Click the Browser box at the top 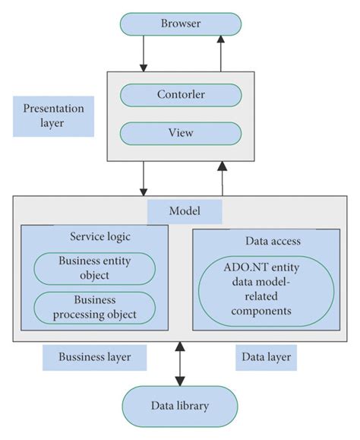(181, 24)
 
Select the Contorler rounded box (181, 95)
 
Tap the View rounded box (181, 133)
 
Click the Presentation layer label (54, 116)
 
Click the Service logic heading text (94, 237)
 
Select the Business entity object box (95, 268)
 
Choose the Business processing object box (95, 307)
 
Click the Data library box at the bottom (181, 407)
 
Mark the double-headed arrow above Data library (180, 364)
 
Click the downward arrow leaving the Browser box (143, 53)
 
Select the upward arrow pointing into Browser (219, 53)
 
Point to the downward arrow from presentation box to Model (143, 178)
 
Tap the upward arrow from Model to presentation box (219, 178)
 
